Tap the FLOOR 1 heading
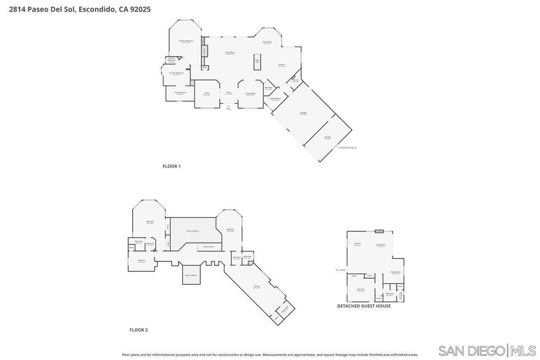(172, 166)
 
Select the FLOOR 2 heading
(138, 330)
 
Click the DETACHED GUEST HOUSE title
(364, 306)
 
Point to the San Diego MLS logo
(487, 351)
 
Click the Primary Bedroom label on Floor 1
(186, 41)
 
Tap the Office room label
(207, 93)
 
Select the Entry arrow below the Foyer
(229, 106)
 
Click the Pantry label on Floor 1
(295, 81)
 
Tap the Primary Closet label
(180, 92)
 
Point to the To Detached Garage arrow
(356, 148)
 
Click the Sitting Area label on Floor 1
(267, 42)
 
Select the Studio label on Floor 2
(256, 287)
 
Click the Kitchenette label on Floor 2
(285, 308)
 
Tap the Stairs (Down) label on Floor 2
(209, 246)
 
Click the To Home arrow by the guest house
(337, 270)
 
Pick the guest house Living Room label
(381, 245)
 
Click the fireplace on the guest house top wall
(379, 231)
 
